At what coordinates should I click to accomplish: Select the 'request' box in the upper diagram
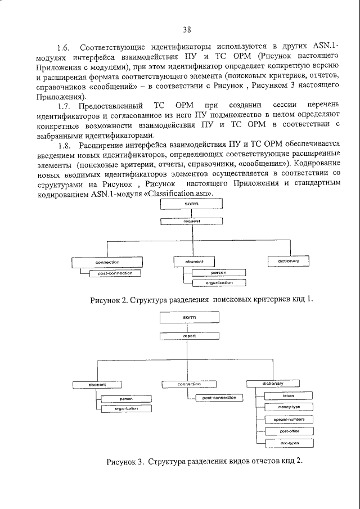click(x=192, y=221)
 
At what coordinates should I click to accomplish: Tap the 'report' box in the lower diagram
click(x=190, y=335)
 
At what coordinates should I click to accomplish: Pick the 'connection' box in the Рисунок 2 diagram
click(x=107, y=262)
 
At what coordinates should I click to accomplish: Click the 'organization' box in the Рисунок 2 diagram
click(x=219, y=282)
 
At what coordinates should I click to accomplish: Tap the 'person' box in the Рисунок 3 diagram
click(x=126, y=398)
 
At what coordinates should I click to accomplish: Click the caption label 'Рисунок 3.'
click(x=124, y=462)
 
